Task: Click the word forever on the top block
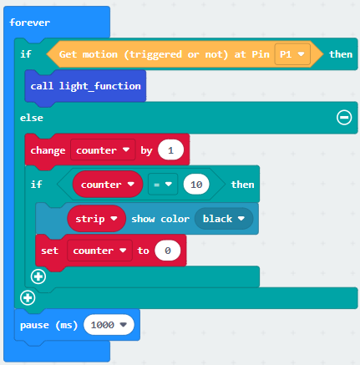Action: point(30,23)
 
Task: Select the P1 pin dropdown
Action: point(292,54)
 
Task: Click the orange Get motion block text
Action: point(165,54)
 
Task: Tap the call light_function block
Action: point(85,86)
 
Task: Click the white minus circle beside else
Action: point(344,118)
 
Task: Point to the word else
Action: point(32,118)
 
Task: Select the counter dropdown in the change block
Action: point(103,150)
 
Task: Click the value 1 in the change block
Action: point(170,150)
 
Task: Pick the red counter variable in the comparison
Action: point(108,185)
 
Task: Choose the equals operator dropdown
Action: point(163,185)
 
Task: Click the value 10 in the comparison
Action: point(196,185)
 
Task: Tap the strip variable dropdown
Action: point(96,219)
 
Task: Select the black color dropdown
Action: point(224,219)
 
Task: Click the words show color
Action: point(160,219)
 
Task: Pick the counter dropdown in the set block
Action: point(99,251)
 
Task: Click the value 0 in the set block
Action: point(168,251)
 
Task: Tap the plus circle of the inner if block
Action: point(38,276)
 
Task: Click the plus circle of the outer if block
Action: point(28,297)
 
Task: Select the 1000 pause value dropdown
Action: point(109,325)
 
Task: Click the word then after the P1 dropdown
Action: point(341,54)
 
